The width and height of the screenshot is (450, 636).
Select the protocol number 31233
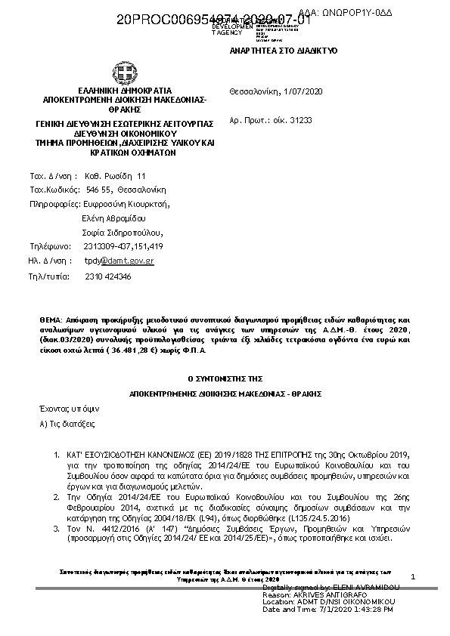pyautogui.click(x=300, y=120)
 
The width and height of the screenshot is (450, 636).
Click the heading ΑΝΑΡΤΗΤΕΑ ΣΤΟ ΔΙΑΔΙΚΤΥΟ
pyautogui.click(x=283, y=50)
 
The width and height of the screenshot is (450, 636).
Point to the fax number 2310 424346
pyautogui.click(x=108, y=276)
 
